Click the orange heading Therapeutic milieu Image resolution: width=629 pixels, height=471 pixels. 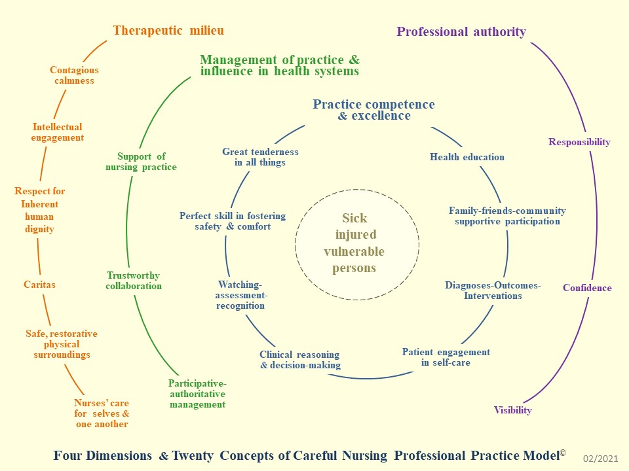coord(168,30)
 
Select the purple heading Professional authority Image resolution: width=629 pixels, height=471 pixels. coord(461,31)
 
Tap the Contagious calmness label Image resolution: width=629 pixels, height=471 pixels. coord(74,75)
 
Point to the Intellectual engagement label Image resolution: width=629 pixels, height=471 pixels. coord(58,132)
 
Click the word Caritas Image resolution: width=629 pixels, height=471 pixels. coord(40,285)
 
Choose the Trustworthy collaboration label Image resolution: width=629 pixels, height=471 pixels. coord(134,281)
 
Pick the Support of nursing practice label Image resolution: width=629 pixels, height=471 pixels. coord(141,162)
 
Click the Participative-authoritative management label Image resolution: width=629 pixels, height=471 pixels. coord(197,394)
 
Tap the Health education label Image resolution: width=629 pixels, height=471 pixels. coord(467,157)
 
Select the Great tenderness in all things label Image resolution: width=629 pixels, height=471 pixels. coord(260,157)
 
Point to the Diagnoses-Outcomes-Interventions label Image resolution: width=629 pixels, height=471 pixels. coord(493,290)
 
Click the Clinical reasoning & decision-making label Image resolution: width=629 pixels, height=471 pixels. coord(300,360)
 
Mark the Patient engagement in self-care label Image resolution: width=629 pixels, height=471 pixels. coord(446,357)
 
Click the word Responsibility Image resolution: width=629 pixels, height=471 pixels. coord(579,142)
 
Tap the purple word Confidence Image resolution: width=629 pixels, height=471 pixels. coord(587,288)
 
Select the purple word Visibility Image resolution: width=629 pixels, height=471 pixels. coord(512,410)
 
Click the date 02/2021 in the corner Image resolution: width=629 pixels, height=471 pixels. coord(600,460)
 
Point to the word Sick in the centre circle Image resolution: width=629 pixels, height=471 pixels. coord(355,218)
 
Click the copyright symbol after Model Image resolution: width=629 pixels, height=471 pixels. coord(562,451)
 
